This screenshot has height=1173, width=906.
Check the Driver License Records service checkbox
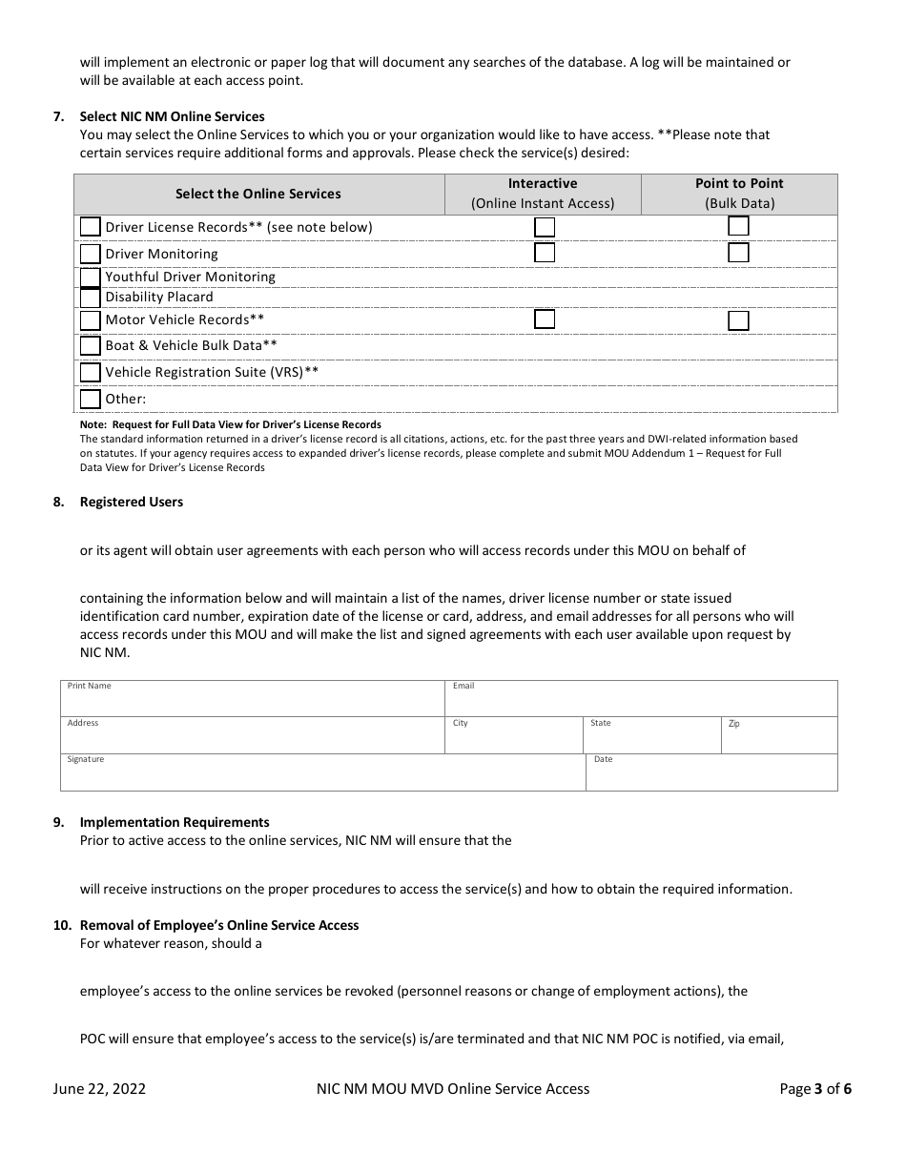[x=90, y=227]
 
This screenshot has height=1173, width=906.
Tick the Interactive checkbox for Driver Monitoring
[x=545, y=253]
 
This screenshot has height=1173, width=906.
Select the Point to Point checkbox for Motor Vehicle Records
[x=738, y=320]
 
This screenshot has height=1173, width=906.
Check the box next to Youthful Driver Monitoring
[x=90, y=278]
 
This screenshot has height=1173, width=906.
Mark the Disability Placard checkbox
[x=90, y=298]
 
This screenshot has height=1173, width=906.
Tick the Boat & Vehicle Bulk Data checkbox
[x=90, y=346]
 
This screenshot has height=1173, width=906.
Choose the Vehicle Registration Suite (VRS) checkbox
[x=90, y=372]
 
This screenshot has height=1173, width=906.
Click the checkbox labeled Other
[x=90, y=399]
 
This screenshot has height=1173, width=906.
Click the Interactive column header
[x=543, y=194]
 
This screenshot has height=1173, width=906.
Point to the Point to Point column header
[x=739, y=194]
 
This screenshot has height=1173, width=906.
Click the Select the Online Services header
[x=257, y=194]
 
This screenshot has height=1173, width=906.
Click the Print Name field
[x=252, y=702]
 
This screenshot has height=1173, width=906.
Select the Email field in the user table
[x=641, y=702]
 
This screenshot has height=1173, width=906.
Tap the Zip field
[x=779, y=739]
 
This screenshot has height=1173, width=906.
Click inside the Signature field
[x=322, y=775]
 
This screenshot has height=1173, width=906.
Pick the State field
[x=651, y=739]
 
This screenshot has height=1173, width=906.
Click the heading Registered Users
[x=132, y=502]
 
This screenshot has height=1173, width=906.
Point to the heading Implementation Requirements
[x=175, y=822]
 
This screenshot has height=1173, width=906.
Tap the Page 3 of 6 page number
[x=815, y=1089]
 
